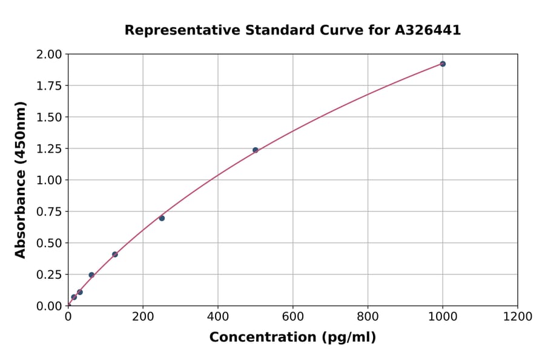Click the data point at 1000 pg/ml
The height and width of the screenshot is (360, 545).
coord(443,64)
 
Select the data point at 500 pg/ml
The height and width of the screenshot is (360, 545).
coord(256,150)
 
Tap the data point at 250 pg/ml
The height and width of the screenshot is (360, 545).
coord(162,218)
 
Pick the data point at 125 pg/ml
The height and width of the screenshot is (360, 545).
coord(115,255)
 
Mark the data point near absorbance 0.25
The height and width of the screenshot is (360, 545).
coord(91,275)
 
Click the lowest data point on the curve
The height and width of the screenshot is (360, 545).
coord(74,297)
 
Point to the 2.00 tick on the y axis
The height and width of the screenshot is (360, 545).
coord(49,55)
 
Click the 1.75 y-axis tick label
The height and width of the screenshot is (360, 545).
coord(49,86)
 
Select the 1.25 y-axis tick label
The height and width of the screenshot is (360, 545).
coord(49,149)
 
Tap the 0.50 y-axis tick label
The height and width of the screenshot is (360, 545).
coord(49,243)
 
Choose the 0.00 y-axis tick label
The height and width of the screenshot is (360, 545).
coord(49,306)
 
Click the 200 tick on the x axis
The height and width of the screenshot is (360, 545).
coord(143,316)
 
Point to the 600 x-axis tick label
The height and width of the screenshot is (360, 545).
coord(292,316)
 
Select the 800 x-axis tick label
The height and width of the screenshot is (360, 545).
coord(368,316)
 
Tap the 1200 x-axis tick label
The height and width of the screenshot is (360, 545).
coord(518,316)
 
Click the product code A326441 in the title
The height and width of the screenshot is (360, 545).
coord(428,30)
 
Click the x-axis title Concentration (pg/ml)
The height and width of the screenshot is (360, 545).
coord(292,338)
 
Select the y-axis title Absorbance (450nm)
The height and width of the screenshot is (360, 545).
coord(21,180)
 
